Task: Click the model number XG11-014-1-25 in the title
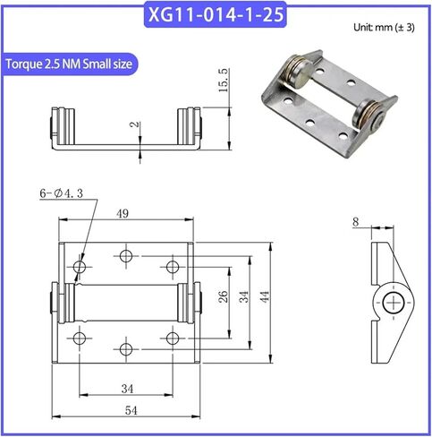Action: point(216,14)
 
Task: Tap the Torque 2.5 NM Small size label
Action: point(69,64)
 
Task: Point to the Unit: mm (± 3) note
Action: point(384,28)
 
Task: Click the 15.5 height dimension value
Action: point(224,80)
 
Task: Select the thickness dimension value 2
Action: point(135,124)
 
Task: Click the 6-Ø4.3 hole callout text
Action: point(62,193)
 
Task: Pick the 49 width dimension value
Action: point(123,213)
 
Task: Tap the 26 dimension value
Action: point(223,296)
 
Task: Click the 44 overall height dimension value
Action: point(265,296)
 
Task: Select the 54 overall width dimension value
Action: point(131,410)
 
